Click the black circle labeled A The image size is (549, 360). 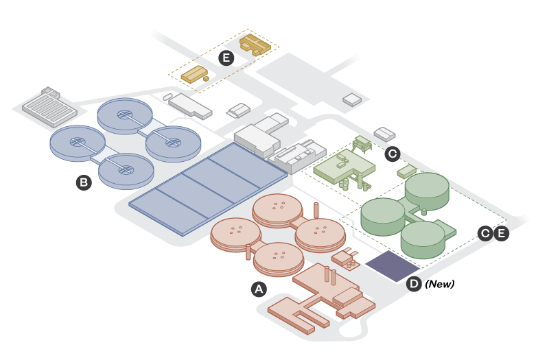[259, 289]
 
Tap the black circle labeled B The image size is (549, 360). [84, 182]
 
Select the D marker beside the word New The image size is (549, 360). [414, 284]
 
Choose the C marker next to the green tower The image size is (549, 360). [393, 154]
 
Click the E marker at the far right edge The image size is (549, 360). [502, 234]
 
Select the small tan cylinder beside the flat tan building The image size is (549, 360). [206, 79]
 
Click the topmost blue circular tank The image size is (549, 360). [124, 115]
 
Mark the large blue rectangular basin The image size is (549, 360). [208, 188]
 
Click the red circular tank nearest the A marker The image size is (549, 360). [279, 257]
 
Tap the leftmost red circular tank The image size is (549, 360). [235, 232]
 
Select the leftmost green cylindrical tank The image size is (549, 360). [383, 214]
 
